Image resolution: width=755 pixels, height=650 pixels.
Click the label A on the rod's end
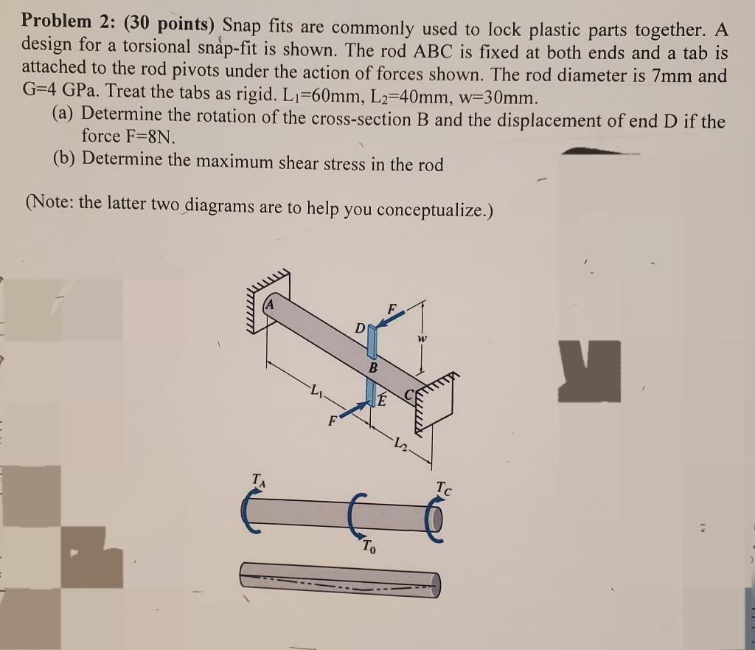271,304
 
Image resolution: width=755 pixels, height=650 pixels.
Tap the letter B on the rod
373,367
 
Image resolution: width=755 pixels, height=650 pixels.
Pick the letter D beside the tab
358,325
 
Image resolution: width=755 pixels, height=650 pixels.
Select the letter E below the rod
383,401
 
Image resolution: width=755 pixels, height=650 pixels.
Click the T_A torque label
259,480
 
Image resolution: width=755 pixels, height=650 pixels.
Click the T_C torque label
445,486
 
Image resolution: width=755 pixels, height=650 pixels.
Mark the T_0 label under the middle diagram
369,547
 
